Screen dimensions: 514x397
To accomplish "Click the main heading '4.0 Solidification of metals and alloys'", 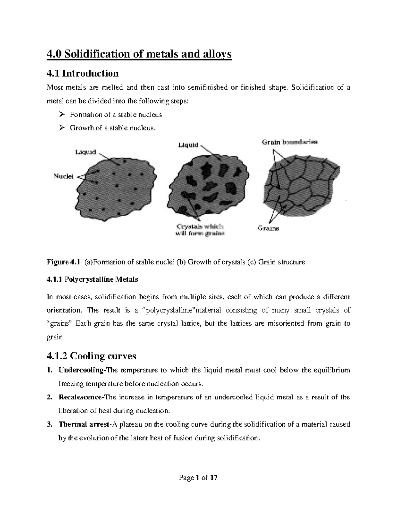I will (x=139, y=54).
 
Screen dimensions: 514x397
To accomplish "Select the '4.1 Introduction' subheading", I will (x=82, y=73).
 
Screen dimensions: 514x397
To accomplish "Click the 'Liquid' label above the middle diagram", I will (x=188, y=145).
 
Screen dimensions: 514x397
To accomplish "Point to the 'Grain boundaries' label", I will (x=290, y=143).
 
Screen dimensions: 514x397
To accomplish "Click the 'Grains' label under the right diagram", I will (x=268, y=228).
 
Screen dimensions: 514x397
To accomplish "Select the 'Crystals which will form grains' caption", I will (x=200, y=230).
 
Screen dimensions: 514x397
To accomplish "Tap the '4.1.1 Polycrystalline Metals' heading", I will (x=92, y=279).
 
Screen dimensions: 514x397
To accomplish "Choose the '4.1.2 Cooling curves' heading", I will (x=91, y=356).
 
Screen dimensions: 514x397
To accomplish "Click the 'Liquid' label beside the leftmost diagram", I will (x=85, y=152).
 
